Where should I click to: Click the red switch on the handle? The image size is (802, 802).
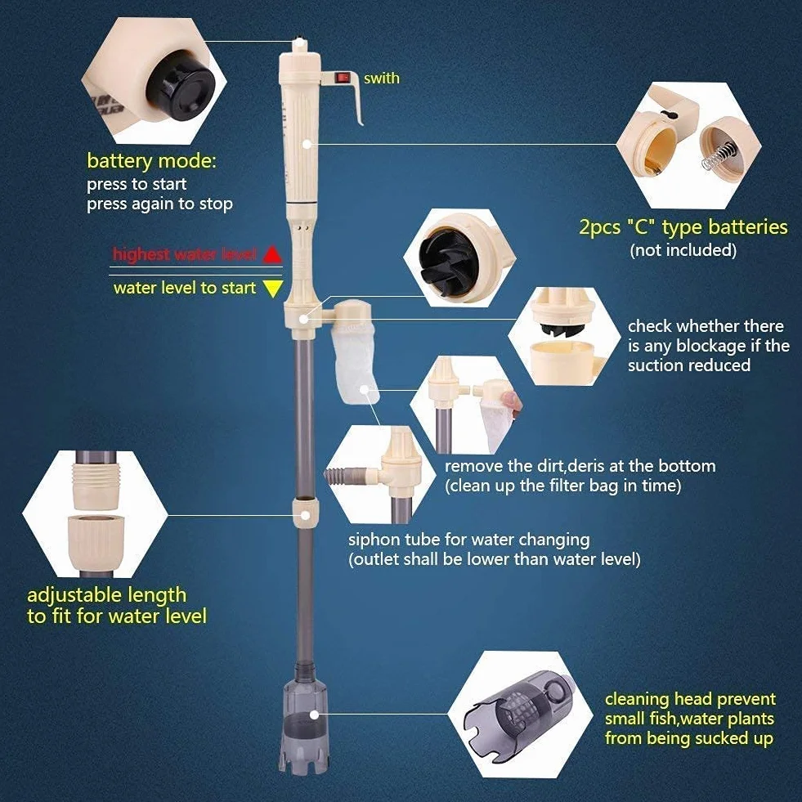343,78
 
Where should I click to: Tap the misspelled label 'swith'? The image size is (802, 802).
382,78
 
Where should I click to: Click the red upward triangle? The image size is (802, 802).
272,254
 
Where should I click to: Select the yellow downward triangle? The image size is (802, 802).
273,289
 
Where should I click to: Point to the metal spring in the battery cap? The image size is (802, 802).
719,155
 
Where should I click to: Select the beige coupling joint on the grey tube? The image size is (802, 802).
307,513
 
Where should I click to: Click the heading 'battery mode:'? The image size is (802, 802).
152,161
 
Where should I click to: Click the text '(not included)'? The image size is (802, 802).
683,250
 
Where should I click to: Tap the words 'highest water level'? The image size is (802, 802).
184,254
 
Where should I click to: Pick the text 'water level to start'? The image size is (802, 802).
185,288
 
